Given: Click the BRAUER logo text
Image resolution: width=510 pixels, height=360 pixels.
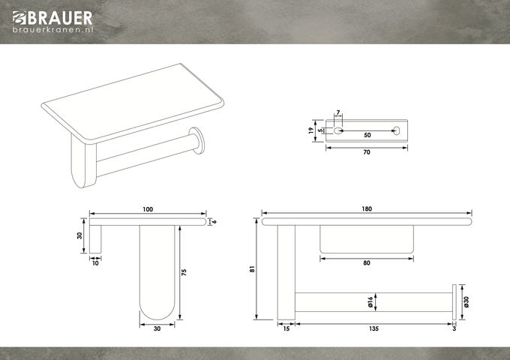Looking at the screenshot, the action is coord(60,18).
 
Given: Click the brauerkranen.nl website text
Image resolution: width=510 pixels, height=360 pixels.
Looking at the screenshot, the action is coord(52,29).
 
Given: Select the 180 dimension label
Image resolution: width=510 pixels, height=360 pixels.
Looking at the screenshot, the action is coord(367,208).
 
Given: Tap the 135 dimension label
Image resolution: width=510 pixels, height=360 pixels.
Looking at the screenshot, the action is coord(373,328).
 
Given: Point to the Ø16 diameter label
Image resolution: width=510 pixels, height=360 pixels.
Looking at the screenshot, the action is coord(370,302).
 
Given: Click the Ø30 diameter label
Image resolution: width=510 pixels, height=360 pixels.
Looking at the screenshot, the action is coord(466,302).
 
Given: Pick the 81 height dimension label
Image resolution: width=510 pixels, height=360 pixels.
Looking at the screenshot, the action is coord(253,269).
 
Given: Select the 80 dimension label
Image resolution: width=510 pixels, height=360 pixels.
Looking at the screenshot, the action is coord(367,262).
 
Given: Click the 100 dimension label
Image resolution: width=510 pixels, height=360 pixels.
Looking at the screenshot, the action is coord(148,209).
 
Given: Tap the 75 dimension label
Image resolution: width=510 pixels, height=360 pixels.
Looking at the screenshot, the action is coord(184,272).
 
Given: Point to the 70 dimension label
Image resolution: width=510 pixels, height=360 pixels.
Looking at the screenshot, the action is coord(367,152).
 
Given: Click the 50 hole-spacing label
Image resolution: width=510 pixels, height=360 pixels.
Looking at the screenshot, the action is coord(367,135).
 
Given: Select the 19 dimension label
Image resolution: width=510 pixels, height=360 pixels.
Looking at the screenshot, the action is coord(311,130).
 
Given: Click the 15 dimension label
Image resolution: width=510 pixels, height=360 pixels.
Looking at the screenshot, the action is coord(286,328).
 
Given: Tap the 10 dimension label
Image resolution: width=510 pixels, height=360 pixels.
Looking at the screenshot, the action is coord(95,263).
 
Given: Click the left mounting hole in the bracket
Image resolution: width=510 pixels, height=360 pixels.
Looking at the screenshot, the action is coord(338,130).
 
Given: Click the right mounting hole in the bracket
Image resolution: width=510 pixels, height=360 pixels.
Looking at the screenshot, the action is coord(397,130).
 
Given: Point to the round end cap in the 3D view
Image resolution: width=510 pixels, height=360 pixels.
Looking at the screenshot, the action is coord(197,140).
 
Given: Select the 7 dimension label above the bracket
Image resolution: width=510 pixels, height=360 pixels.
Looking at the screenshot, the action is coord(338,112).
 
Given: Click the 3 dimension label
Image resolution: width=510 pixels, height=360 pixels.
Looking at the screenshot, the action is coord(454,328).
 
